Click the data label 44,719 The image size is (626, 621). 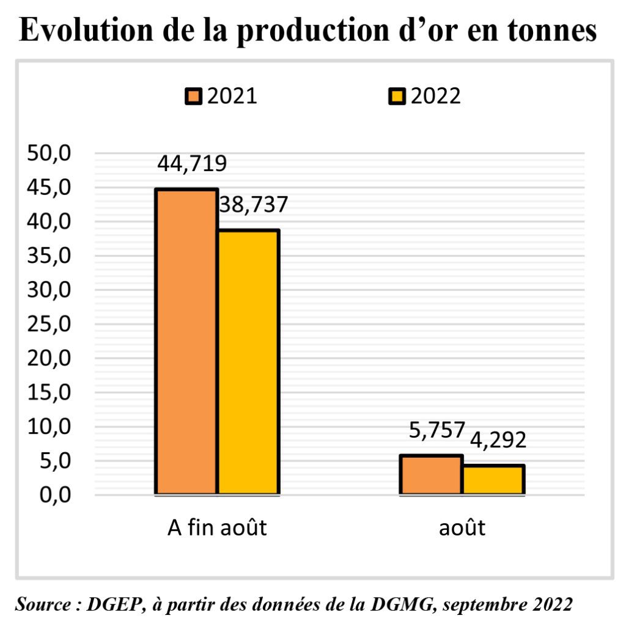[x=192, y=164]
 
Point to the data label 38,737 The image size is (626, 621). [x=252, y=205]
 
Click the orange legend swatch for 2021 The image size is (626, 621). [x=194, y=97]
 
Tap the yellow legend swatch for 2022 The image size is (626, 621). [x=397, y=97]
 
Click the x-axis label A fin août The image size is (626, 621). [x=217, y=527]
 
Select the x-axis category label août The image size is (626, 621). [x=462, y=527]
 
